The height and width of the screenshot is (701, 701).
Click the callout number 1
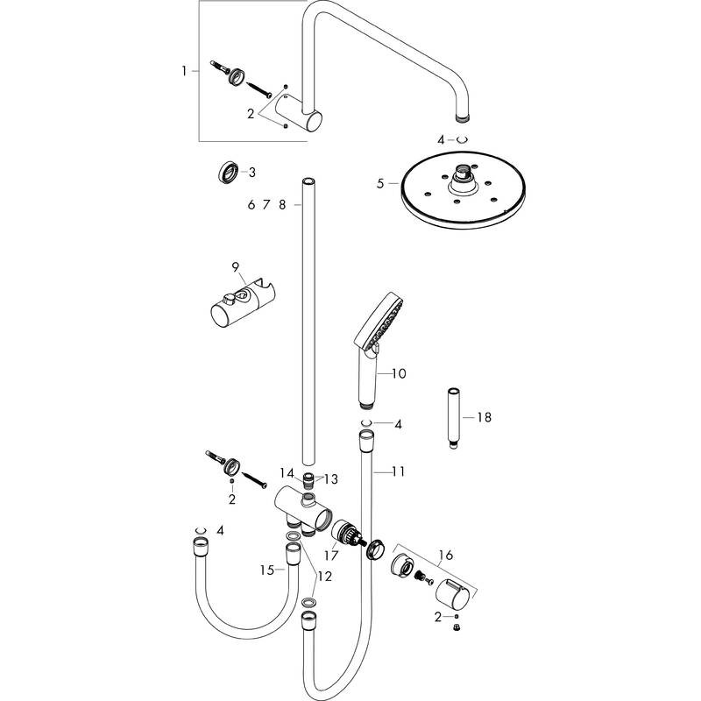point(185,71)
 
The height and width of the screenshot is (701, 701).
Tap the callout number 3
point(251,172)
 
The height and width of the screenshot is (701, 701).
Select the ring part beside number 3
point(227,171)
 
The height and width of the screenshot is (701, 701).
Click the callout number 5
point(380,184)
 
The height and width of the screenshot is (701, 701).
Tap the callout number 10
point(399,374)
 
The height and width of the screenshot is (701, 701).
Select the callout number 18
point(484,418)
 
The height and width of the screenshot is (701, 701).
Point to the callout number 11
point(398,471)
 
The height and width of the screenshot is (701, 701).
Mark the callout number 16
point(446,554)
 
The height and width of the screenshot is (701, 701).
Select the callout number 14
point(287,473)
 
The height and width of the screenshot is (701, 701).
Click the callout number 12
point(324,577)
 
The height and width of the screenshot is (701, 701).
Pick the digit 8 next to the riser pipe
point(282,205)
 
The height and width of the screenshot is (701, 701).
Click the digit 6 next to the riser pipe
point(251,205)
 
